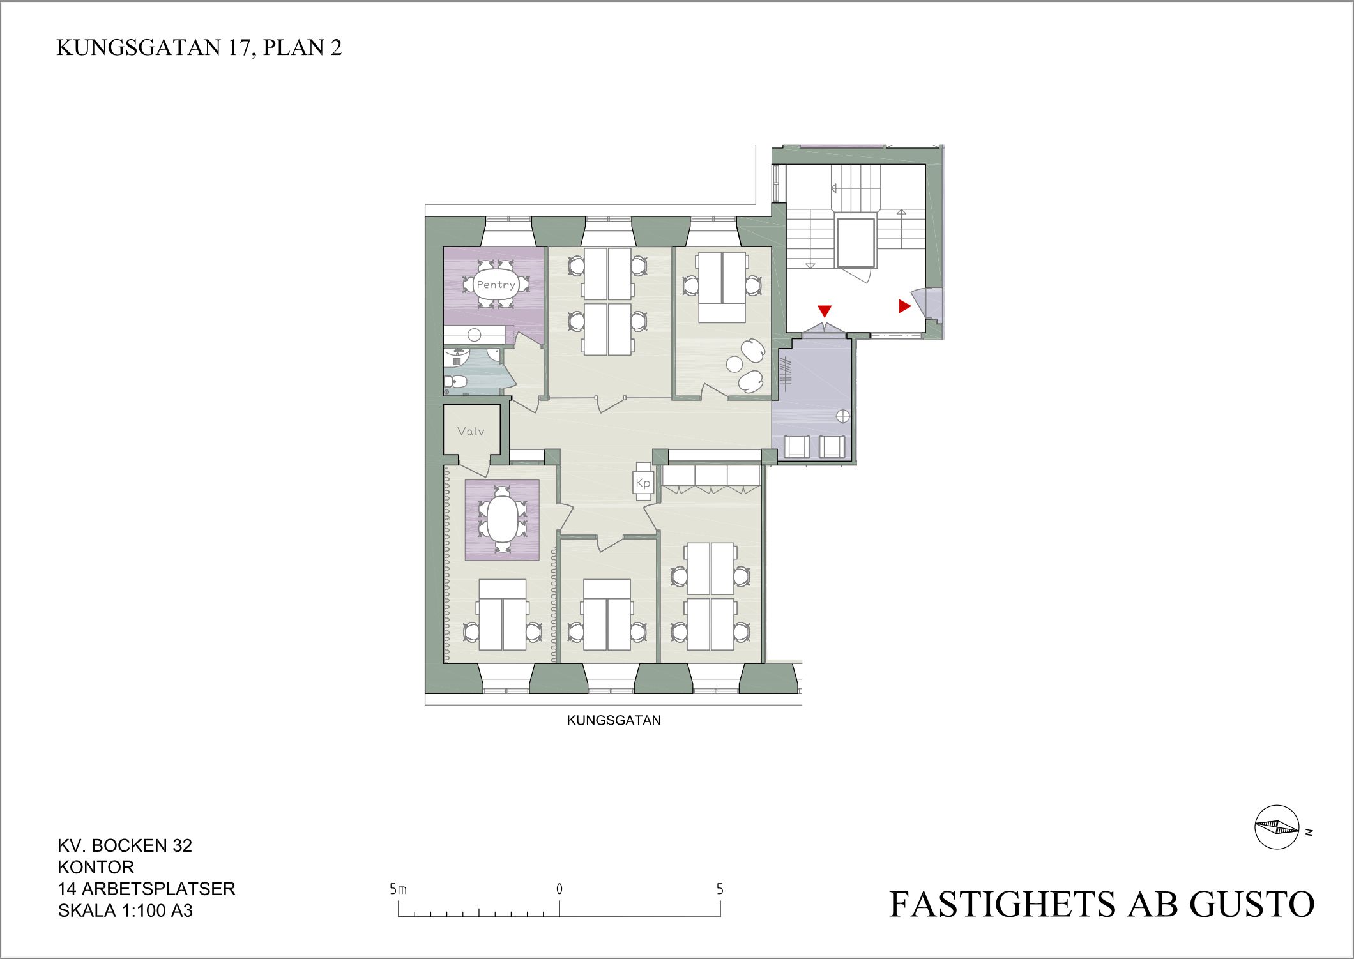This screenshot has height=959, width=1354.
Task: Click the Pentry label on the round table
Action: [x=496, y=285]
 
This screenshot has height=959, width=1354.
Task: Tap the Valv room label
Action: [x=471, y=432]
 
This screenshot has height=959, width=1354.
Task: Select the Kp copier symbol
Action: [x=643, y=483]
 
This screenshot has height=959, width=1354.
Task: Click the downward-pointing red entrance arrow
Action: [x=825, y=312]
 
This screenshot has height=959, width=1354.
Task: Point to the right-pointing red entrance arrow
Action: [x=904, y=306]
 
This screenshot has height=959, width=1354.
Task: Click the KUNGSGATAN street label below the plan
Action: [x=614, y=720]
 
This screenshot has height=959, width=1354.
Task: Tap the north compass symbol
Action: [x=1277, y=827]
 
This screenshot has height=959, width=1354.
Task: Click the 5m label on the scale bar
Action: [x=398, y=889]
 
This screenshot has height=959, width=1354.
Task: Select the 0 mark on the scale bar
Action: [x=559, y=889]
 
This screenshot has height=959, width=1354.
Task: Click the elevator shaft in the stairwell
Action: [x=856, y=242]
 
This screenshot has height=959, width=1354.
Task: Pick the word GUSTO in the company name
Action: [x=1251, y=904]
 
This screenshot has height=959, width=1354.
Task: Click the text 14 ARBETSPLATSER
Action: [x=146, y=889]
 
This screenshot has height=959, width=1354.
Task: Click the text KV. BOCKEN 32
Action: [x=125, y=845]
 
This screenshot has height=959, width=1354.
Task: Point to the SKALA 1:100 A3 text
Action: [x=125, y=910]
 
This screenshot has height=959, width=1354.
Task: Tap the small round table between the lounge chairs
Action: [x=734, y=365]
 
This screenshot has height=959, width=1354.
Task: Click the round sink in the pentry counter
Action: [x=474, y=335]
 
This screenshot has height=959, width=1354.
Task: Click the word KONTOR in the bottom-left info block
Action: [x=96, y=867]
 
